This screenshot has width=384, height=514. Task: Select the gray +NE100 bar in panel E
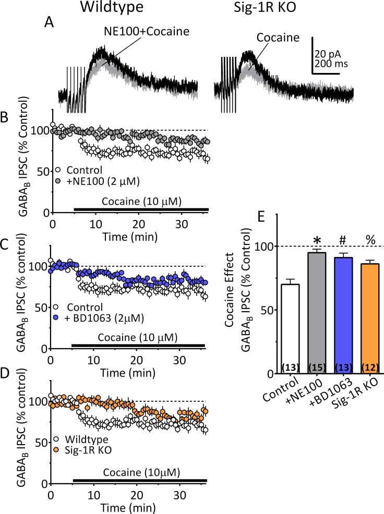(x=309, y=313)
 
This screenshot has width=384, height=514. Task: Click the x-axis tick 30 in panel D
(x=179, y=493)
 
